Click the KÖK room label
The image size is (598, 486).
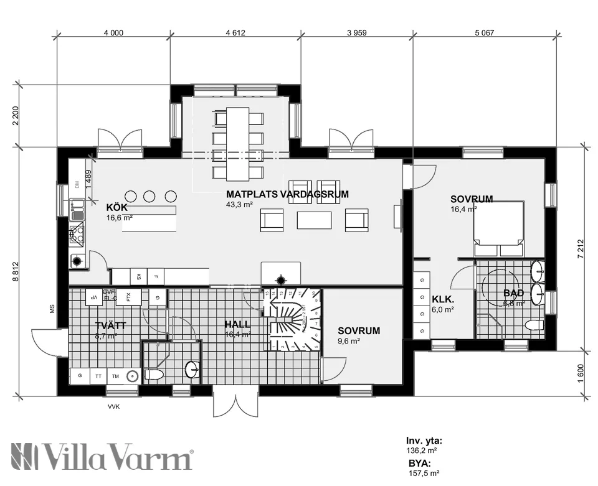point(117,207)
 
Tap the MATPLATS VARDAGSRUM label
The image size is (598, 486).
point(287,194)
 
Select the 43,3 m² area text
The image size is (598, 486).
point(239,204)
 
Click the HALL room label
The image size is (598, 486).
point(237,324)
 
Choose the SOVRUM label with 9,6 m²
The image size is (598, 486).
point(358,331)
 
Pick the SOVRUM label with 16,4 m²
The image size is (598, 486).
point(472,199)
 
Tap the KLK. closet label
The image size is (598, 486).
point(443,299)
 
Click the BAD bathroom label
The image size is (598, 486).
point(514,293)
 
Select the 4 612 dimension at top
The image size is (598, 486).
point(235,33)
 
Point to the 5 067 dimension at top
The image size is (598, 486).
point(483,33)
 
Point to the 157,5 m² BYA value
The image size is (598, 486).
point(424,473)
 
